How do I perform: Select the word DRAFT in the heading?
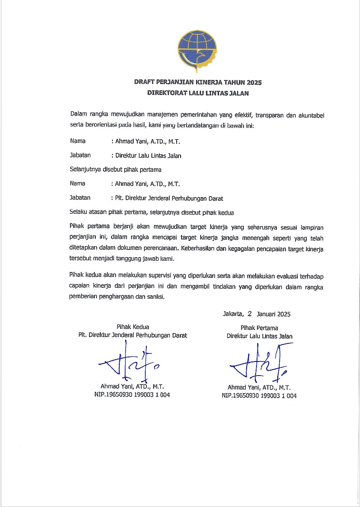click(x=145, y=83)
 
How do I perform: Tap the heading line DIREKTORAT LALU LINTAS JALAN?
click(x=198, y=94)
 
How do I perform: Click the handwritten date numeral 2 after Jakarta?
click(x=249, y=313)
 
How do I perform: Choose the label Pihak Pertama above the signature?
click(x=259, y=328)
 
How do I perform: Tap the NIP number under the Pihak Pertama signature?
click(x=259, y=395)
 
